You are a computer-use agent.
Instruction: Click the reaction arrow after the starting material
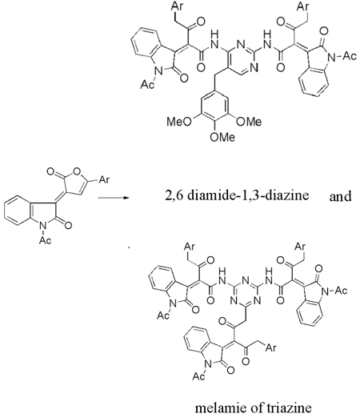click(x=114, y=198)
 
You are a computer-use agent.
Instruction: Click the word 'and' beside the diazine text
click(x=340, y=197)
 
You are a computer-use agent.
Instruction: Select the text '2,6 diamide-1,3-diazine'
click(x=237, y=196)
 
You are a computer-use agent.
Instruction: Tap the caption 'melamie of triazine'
click(x=254, y=408)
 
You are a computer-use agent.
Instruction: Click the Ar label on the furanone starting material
click(x=104, y=180)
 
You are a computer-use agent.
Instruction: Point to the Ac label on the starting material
click(x=45, y=240)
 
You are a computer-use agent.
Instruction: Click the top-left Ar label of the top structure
click(x=178, y=6)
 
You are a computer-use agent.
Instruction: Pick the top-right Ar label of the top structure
click(x=303, y=6)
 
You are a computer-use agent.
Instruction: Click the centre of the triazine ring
click(x=245, y=291)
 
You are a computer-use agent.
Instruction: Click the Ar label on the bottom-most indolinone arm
click(x=271, y=348)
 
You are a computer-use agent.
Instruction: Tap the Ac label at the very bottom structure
click(x=198, y=376)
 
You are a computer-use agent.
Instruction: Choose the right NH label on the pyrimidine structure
click(x=268, y=39)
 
